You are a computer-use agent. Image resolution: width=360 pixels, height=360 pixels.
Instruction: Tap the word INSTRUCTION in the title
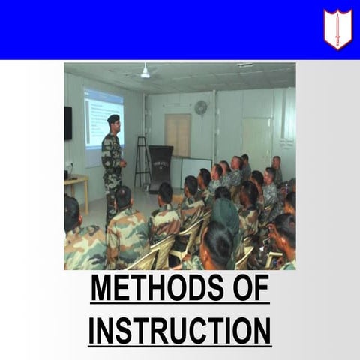pyautogui.click(x=180, y=330)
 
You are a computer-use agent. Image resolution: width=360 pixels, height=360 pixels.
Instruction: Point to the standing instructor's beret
pyautogui.click(x=113, y=118)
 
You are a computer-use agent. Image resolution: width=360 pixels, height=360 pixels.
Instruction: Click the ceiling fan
pyautogui.click(x=145, y=72)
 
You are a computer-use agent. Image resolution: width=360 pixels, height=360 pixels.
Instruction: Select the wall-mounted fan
pyautogui.click(x=200, y=107)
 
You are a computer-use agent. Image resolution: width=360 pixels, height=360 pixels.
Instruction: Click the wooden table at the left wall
pyautogui.click(x=76, y=184)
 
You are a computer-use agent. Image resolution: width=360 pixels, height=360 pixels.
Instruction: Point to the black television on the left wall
pyautogui.click(x=67, y=122)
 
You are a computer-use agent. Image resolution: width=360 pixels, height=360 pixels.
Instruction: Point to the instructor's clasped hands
pyautogui.click(x=121, y=162)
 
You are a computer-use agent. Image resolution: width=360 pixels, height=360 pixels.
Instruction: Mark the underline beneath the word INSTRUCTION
pyautogui.click(x=180, y=346)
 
